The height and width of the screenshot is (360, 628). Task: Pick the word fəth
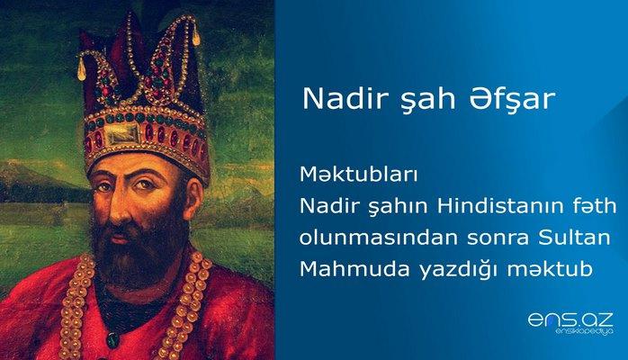pyautogui.click(x=597, y=208)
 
